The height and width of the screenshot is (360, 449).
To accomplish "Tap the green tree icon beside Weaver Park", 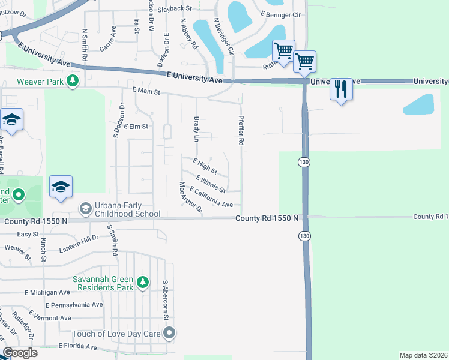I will coord(73,80).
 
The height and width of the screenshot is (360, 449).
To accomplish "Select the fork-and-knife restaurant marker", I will coord(340,89).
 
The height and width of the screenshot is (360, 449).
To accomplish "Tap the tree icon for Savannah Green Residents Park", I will coord(142,282).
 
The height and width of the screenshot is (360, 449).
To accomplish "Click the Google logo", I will coord(19,353).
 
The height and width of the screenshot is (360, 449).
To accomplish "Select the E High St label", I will coord(205,166).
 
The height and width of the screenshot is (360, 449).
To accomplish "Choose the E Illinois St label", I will coord(211,184).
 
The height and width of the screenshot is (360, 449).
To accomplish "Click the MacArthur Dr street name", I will coord(188,198).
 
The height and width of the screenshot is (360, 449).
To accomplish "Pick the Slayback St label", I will coord(174,9).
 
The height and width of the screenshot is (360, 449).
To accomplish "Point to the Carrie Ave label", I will coord(108,39).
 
